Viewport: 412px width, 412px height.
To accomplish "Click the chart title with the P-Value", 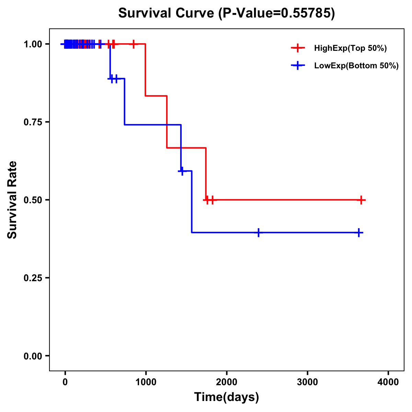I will pyautogui.click(x=227, y=13).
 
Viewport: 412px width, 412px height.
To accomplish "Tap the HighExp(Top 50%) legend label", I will pyautogui.click(x=351, y=48).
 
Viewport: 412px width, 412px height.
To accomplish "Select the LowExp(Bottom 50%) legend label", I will pyautogui.click(x=356, y=66).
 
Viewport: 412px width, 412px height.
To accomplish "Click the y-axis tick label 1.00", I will pyautogui.click(x=33, y=44).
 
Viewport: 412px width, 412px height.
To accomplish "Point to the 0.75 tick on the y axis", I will pyautogui.click(x=33, y=122).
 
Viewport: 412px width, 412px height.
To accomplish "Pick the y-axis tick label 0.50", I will pyautogui.click(x=33, y=200).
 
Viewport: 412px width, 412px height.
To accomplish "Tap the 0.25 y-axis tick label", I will pyautogui.click(x=33, y=278).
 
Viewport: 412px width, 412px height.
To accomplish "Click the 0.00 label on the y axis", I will pyautogui.click(x=33, y=356).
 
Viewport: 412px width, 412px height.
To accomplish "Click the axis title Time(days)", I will pyautogui.click(x=227, y=397).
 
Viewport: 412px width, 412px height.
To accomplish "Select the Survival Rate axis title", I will pyautogui.click(x=12, y=200).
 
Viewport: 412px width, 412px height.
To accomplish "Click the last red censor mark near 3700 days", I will pyautogui.click(x=361, y=200).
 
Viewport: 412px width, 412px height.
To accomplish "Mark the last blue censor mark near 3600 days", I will pyautogui.click(x=359, y=232).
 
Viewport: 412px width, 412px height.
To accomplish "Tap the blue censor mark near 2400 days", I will pyautogui.click(x=259, y=232).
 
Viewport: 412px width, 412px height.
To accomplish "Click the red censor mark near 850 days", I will pyautogui.click(x=134, y=44).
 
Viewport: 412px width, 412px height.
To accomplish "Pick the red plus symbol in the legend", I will pyautogui.click(x=298, y=48).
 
